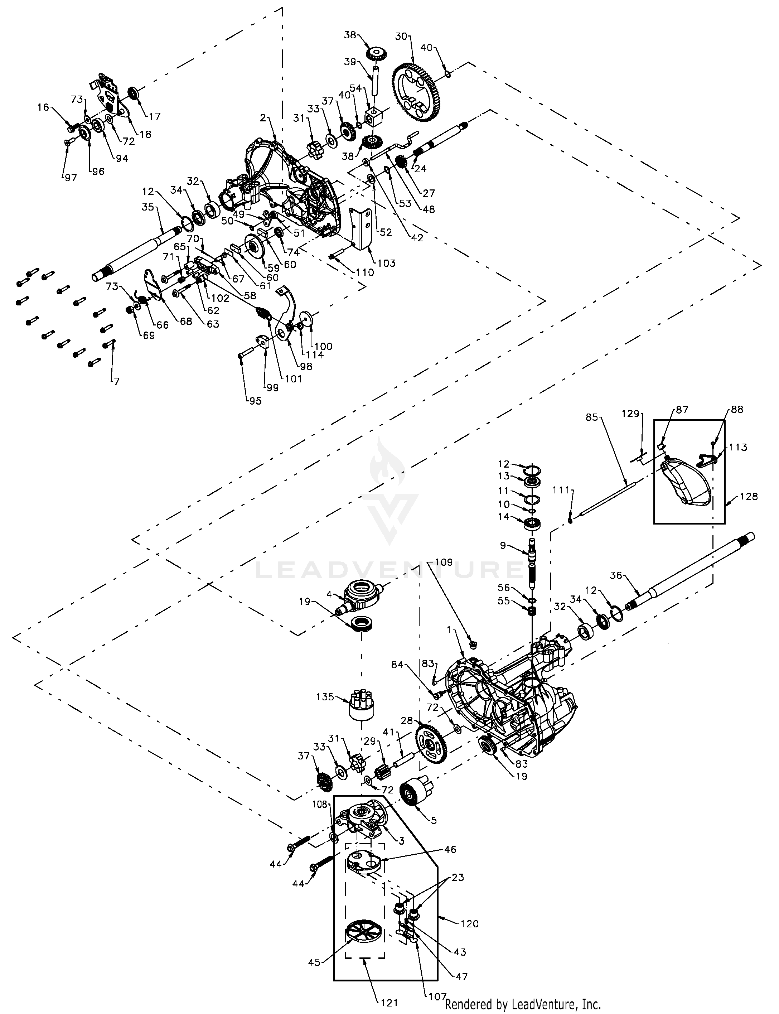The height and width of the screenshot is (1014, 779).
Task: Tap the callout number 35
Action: [148, 207]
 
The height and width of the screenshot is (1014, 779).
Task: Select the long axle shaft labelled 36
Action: [691, 573]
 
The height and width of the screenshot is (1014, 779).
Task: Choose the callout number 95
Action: [255, 401]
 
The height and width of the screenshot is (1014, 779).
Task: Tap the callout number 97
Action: [71, 178]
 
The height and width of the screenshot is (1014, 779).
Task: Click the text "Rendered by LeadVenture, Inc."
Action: [523, 1000]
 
